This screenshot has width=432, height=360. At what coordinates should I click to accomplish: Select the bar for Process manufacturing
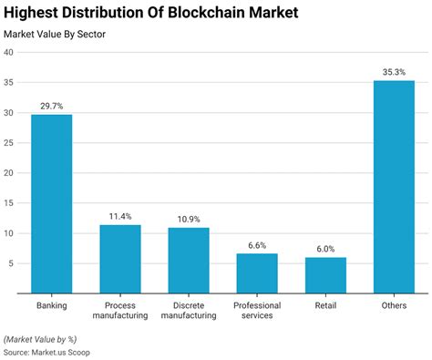coord(119,259)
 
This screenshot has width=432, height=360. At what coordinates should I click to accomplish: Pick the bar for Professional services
coord(257,273)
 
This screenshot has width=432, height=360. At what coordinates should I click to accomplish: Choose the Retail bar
coord(325,275)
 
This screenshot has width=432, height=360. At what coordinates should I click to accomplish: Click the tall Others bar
coord(394,187)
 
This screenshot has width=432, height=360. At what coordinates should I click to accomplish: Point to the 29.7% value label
coord(51,106)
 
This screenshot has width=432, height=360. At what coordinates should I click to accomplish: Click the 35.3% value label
coord(394,72)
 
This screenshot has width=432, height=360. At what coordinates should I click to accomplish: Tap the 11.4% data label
coord(119,216)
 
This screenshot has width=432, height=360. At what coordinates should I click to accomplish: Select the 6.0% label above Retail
coord(325,249)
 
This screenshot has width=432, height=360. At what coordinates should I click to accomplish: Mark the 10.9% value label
coord(189,220)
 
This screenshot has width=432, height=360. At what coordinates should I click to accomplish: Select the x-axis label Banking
coord(51,304)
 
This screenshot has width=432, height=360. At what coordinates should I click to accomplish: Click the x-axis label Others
coord(394,304)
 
